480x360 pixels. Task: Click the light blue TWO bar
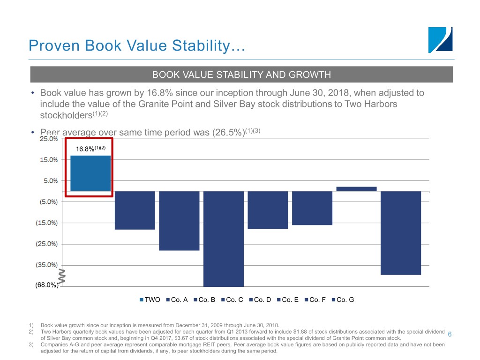pos(90,173)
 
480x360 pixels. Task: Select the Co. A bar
pos(135,210)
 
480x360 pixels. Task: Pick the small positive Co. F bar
pos(356,189)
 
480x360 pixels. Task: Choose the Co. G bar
pos(401,232)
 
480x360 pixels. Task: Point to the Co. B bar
pos(179,220)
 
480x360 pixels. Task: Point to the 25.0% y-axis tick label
pos(49,139)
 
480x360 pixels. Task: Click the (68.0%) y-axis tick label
pos(46,285)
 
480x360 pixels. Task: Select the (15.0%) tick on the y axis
pos(47,223)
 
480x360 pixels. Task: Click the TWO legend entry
pos(150,300)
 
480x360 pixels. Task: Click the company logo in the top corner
pos(441,40)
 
